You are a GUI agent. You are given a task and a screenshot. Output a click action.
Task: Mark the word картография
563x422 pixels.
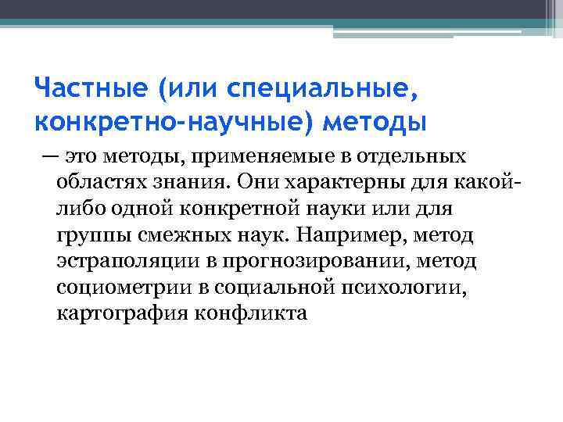coord(118,313)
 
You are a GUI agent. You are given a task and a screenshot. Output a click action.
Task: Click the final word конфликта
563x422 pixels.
coord(249,313)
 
